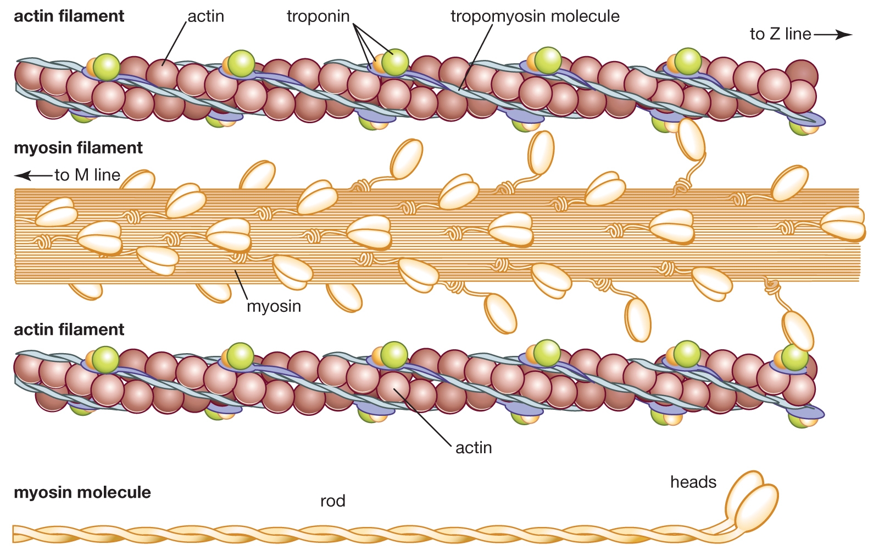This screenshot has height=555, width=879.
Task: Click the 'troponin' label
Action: pos(318,17)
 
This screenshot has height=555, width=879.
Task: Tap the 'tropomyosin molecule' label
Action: pos(535,17)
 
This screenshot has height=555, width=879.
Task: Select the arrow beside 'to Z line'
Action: pos(833,35)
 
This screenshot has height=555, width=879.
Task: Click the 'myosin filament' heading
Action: pos(78,148)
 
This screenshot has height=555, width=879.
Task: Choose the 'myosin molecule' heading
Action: pos(82,492)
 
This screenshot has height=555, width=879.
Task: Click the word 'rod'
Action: pos(333,501)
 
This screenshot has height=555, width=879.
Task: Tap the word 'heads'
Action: pos(693,482)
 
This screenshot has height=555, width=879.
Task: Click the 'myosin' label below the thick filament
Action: pos(274,306)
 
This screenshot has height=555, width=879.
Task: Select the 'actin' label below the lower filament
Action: pos(474,448)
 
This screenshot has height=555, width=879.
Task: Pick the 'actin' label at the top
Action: pos(206,17)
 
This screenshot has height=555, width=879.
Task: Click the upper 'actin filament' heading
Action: pos(69,17)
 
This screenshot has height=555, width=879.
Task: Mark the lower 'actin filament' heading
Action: pos(69,329)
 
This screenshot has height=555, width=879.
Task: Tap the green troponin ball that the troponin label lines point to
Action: pos(395,62)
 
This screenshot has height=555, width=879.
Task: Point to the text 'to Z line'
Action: pos(780,34)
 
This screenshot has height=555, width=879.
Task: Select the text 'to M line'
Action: pos(87,175)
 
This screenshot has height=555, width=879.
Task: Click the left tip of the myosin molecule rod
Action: pos(15,534)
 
